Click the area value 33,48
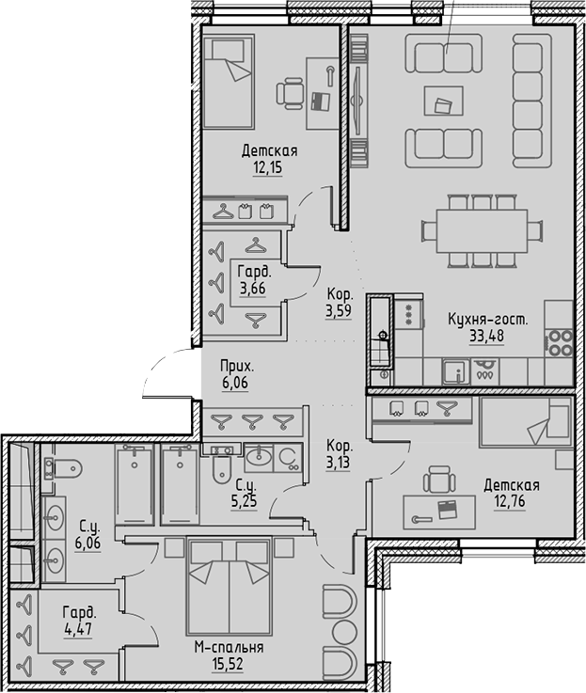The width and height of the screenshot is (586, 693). click(486, 336)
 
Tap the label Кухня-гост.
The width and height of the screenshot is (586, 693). click(487, 320)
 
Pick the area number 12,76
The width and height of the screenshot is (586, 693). click(511, 501)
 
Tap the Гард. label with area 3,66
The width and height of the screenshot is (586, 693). click(251, 272)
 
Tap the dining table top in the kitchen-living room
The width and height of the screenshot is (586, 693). click(474, 229)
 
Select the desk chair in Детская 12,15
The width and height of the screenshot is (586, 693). click(292, 94)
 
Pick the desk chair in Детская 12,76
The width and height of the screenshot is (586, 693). click(437, 483)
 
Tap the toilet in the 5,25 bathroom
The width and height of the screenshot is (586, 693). click(223, 465)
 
